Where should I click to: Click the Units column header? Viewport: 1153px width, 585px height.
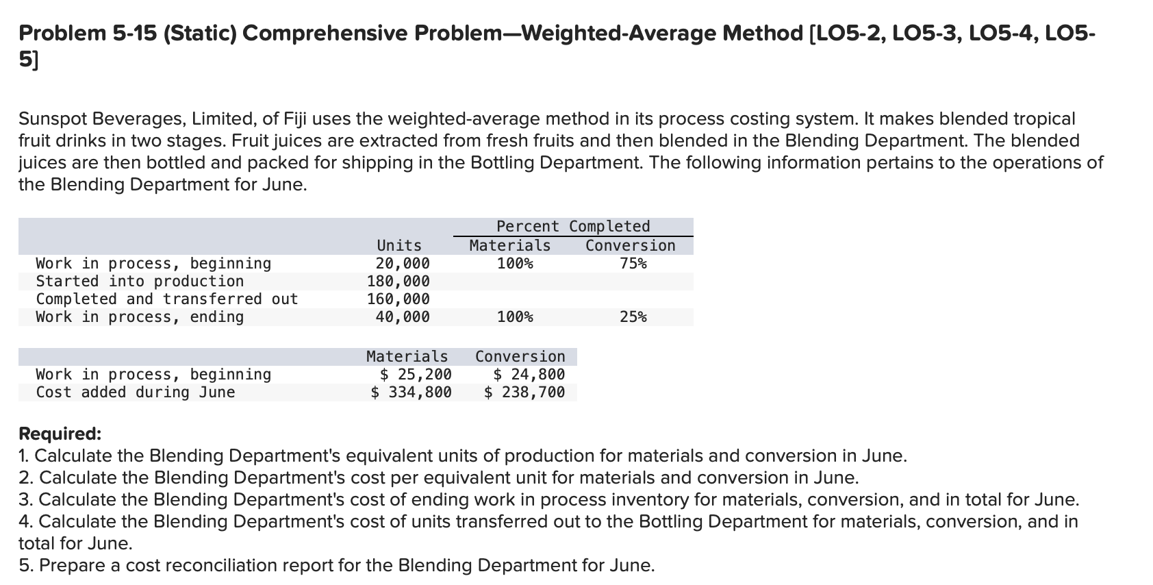click(399, 245)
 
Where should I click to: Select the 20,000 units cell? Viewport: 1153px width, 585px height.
click(403, 263)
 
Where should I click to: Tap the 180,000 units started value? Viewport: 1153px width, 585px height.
click(398, 281)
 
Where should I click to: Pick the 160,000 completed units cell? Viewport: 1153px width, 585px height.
click(398, 299)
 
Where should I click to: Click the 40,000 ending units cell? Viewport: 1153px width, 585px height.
click(403, 316)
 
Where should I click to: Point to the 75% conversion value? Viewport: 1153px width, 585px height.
click(633, 263)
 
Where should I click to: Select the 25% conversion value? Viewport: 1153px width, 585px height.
click(633, 316)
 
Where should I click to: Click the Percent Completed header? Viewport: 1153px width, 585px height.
click(573, 226)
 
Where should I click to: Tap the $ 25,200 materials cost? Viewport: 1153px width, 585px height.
click(416, 374)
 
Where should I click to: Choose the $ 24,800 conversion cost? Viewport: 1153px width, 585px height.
click(529, 374)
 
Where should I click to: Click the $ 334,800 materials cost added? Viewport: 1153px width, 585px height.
click(411, 392)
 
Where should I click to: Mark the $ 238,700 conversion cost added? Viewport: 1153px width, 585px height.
click(524, 392)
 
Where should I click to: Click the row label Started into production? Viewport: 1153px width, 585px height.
click(140, 281)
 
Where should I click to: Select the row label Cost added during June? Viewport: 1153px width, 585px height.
click(136, 392)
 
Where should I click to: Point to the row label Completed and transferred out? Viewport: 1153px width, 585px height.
click(167, 299)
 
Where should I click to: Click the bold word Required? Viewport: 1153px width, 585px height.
click(60, 434)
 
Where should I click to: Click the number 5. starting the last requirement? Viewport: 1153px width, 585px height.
click(26, 565)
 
